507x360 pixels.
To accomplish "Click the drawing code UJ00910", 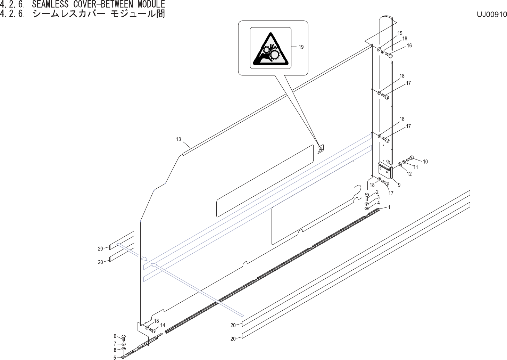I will (492, 15).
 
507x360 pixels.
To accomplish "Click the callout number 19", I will (301, 47).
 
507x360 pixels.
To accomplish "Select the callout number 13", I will (178, 139).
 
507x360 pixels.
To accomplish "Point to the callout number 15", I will (400, 33).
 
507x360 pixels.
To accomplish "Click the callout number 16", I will (409, 46).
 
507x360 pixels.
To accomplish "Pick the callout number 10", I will (425, 162).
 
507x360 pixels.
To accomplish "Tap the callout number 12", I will (409, 174).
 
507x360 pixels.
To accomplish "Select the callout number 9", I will (399, 185).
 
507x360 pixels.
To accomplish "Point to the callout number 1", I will (390, 207).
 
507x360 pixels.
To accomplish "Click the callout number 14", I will (163, 325).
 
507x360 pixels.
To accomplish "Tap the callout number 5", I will (115, 357).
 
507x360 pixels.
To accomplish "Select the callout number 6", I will (115, 336).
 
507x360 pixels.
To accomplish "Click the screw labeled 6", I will (124, 337).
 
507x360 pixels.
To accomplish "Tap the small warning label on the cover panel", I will (321, 149).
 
